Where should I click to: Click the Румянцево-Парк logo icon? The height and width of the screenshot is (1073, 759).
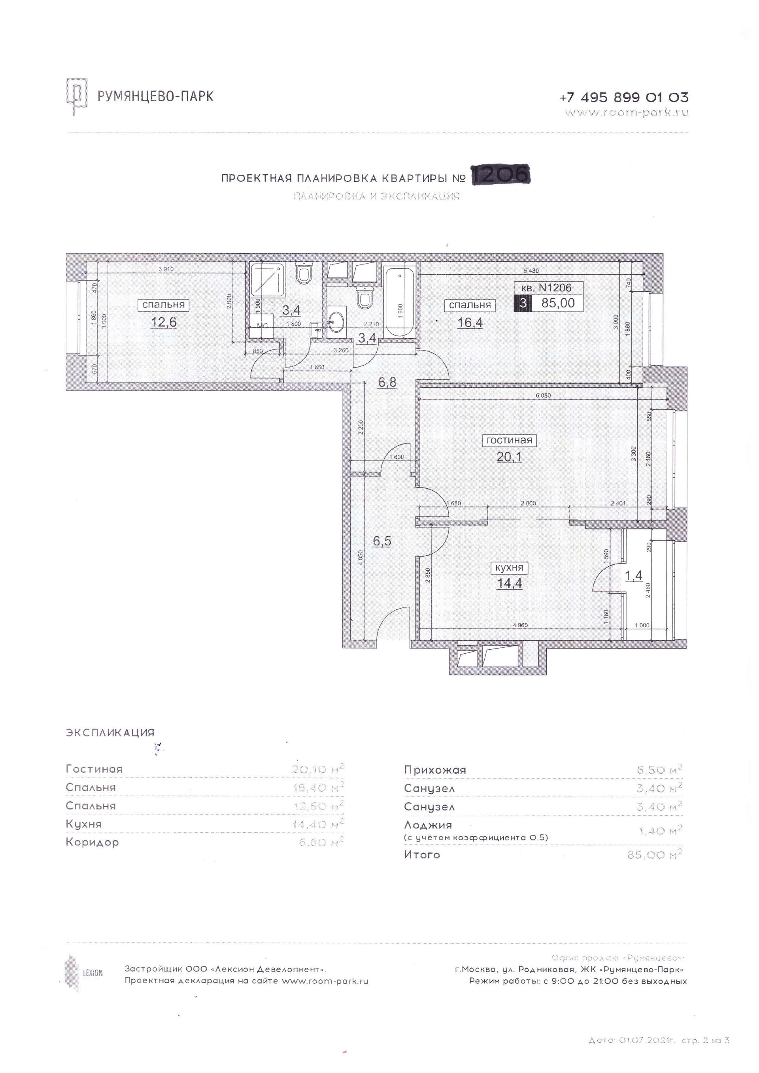(x=77, y=97)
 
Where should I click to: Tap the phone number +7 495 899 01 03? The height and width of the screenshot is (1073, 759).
(x=623, y=98)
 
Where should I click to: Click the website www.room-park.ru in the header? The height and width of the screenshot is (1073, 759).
(x=626, y=113)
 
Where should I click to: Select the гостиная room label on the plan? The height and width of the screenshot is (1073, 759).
(x=509, y=440)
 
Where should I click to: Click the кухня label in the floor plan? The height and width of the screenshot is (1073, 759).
(x=509, y=568)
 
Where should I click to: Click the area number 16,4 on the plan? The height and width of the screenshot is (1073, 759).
(x=470, y=322)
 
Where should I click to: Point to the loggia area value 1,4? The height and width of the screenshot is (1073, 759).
(x=634, y=576)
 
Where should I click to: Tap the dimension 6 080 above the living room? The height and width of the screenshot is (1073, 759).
(x=543, y=395)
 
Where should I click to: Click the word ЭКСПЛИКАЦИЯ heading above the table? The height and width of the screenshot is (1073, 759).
(x=110, y=733)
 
